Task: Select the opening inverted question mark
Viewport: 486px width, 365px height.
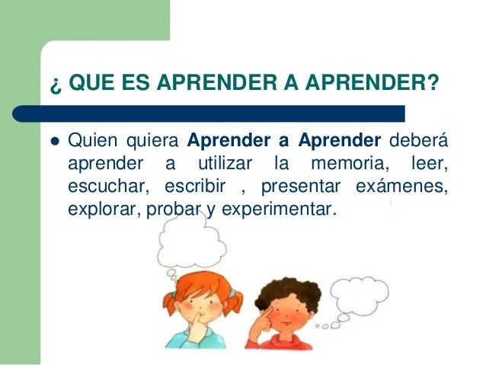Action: pyautogui.click(x=55, y=85)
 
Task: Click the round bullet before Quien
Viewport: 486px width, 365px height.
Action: pyautogui.click(x=55, y=142)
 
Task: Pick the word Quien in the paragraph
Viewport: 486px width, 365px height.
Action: pyautogui.click(x=92, y=140)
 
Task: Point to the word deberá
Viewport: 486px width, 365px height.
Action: pyautogui.click(x=418, y=139)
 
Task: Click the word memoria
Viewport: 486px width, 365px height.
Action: pyautogui.click(x=350, y=163)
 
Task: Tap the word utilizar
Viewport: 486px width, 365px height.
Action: pyautogui.click(x=225, y=163)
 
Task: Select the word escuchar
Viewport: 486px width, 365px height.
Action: pyautogui.click(x=108, y=186)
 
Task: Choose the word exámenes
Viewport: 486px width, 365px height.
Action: pyautogui.click(x=401, y=186)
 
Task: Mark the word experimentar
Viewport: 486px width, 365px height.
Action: pyautogui.click(x=279, y=210)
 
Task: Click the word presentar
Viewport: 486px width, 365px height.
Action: pyautogui.click(x=301, y=187)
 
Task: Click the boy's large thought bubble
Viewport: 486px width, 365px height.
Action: pyautogui.click(x=359, y=296)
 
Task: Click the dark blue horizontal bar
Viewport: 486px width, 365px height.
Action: pyautogui.click(x=209, y=114)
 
